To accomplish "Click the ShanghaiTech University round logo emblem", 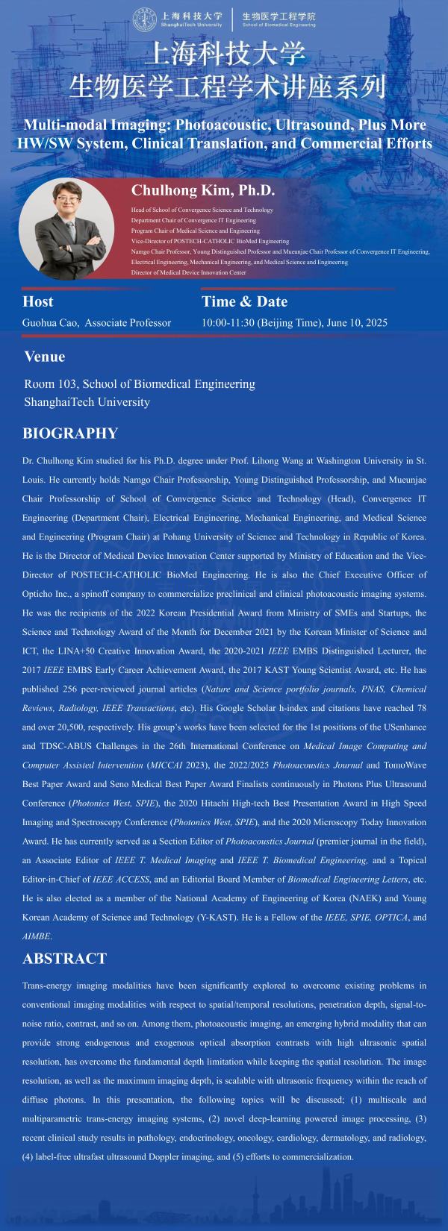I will coord(143,19).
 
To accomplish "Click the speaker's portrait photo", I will coord(61,228).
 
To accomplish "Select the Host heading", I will coord(38,301).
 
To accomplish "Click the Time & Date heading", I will coord(244,301).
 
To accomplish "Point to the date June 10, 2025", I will coord(358,323).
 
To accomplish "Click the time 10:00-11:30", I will coord(228,323).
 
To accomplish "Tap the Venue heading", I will coord(44,356).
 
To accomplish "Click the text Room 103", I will coord(50,384).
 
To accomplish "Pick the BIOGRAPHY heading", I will coord(70,433).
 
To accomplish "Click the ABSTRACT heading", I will coord(64,959).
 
